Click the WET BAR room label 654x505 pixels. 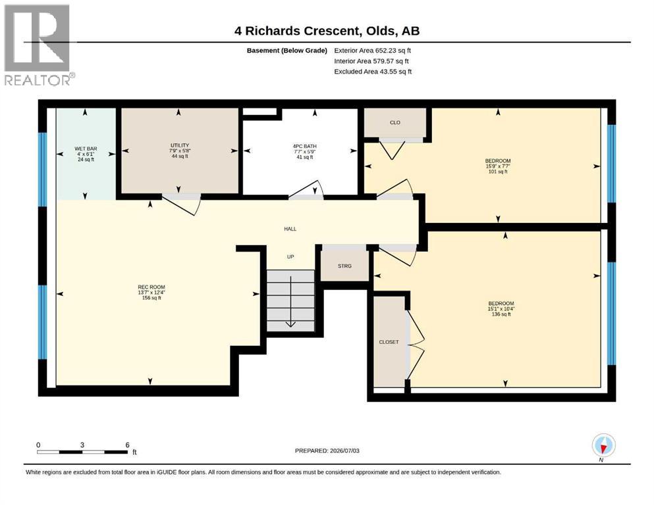pyautogui.click(x=86, y=149)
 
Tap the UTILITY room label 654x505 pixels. pyautogui.click(x=180, y=145)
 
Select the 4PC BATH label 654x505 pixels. pyautogui.click(x=304, y=146)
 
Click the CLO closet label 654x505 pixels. pyautogui.click(x=395, y=122)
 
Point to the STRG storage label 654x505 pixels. pyautogui.click(x=344, y=266)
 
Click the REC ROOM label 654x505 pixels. pyautogui.click(x=151, y=287)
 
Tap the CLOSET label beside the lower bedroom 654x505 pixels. pyautogui.click(x=389, y=342)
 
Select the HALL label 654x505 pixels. pyautogui.click(x=290, y=229)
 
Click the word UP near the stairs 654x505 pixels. pyautogui.click(x=290, y=256)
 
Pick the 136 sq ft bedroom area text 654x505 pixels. pyautogui.click(x=501, y=314)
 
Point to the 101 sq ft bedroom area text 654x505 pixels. pyautogui.click(x=498, y=172)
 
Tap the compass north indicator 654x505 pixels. pyautogui.click(x=603, y=446)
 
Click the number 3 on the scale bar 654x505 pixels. pyautogui.click(x=82, y=445)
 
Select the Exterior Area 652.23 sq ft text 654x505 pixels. pyautogui.click(x=373, y=51)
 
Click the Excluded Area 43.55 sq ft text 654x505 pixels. pyautogui.click(x=373, y=72)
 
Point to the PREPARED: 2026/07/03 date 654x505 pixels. pyautogui.click(x=327, y=450)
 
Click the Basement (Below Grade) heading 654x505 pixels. pyautogui.click(x=287, y=51)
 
